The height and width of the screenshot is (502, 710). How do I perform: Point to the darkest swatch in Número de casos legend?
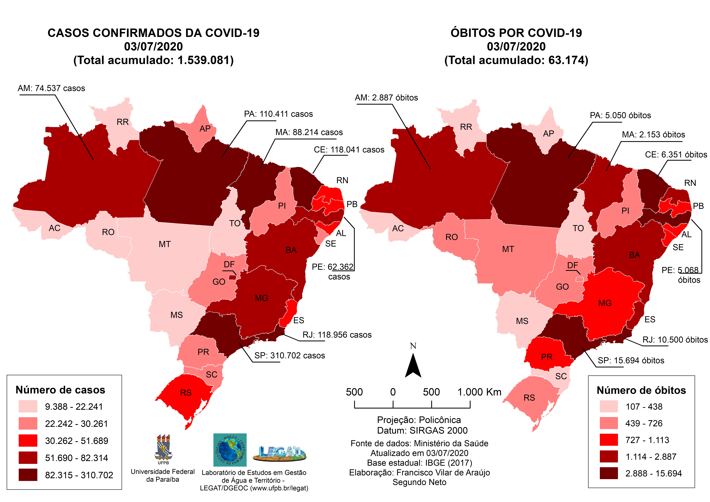28,475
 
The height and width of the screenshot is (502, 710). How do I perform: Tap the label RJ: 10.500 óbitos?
675,340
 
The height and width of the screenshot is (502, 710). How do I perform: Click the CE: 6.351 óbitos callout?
676,155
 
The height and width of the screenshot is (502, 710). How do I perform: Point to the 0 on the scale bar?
393,392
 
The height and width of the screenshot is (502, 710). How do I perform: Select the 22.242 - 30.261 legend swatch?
28,423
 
